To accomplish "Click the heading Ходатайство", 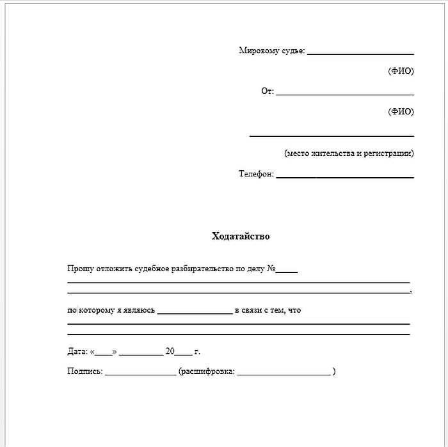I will (241, 237).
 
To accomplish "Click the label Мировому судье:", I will (271, 51).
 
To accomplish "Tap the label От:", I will (267, 91).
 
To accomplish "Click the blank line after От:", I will (345, 94).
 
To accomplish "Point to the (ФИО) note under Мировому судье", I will (401, 71).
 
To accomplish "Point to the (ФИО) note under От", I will (401, 111).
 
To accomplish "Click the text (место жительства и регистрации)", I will (349, 153).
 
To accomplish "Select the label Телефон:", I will (256, 174).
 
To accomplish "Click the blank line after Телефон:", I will (345, 176).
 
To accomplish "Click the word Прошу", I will (79, 269).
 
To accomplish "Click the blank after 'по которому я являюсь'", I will (195, 313).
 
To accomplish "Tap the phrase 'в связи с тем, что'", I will (268, 310).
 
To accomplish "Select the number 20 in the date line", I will (170, 352).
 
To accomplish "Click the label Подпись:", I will (84, 372).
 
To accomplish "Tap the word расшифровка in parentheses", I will (208, 372).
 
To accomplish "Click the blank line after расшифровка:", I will (284, 373).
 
